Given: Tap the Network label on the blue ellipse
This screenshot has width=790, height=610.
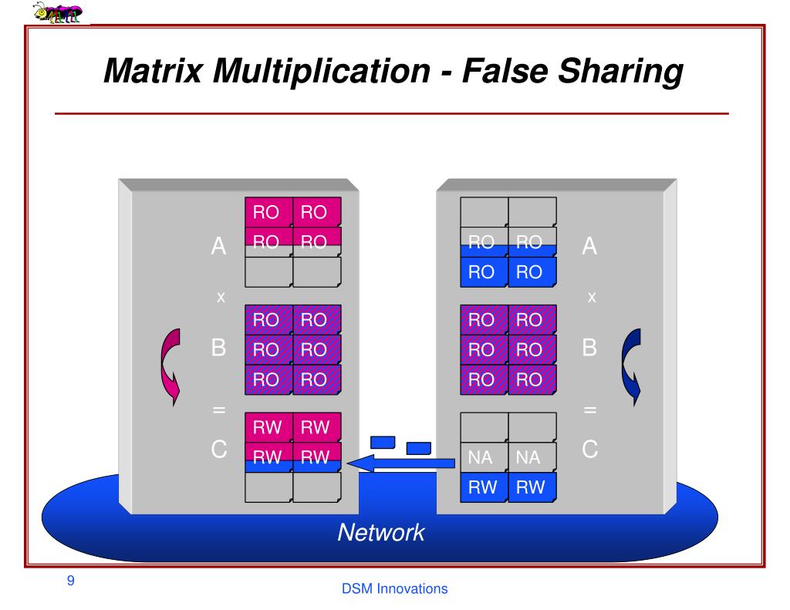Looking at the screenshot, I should click(381, 532).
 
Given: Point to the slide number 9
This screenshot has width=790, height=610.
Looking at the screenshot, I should click(71, 581).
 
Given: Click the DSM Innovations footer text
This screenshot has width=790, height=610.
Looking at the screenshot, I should click(394, 589).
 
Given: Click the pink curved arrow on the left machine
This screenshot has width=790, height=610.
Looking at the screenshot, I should click(169, 366).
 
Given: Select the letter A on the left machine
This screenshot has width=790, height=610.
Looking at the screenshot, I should click(219, 248).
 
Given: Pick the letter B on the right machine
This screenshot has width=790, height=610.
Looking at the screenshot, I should click(590, 349).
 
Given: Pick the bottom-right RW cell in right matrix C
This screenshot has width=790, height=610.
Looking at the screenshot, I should click(531, 487).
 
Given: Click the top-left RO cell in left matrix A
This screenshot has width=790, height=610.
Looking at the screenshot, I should click(268, 212).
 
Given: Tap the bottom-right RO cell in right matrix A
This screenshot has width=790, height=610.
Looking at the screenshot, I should click(531, 271).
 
